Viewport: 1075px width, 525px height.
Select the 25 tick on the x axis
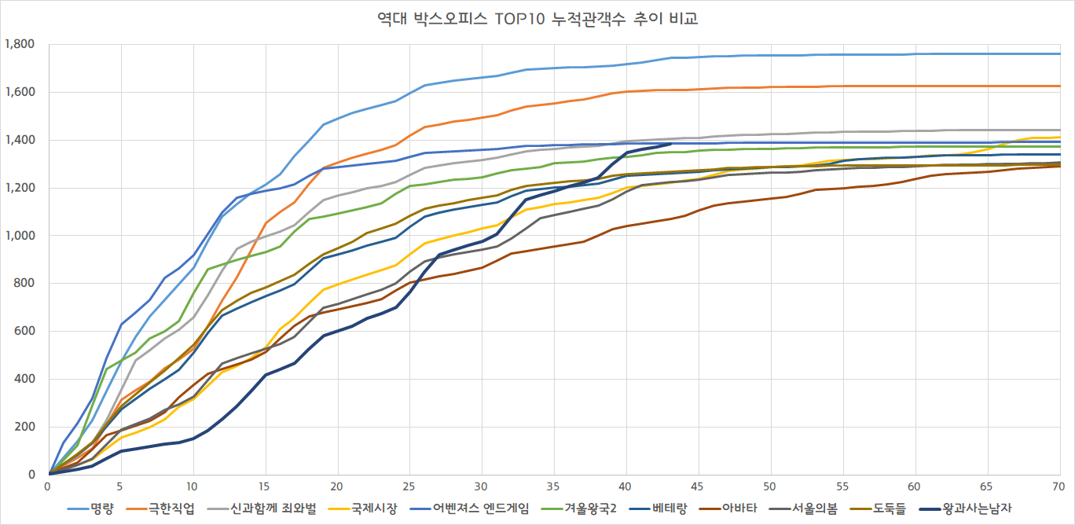coord(410,486)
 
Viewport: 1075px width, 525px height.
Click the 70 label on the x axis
coord(1059,486)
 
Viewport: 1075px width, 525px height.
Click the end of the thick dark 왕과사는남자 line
coord(670,144)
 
